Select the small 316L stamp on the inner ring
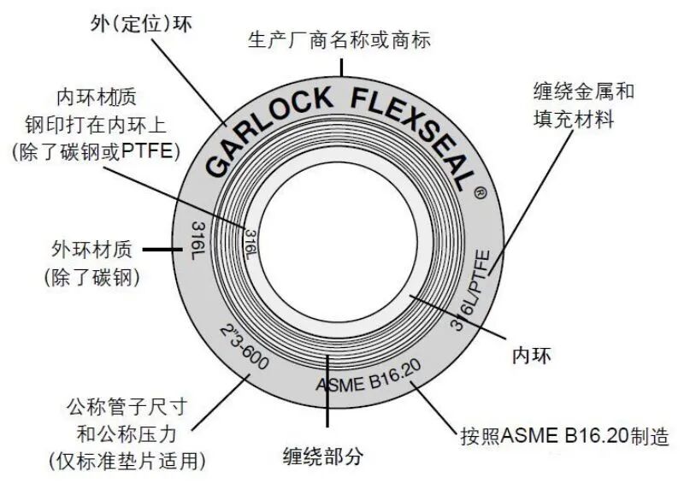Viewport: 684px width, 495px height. pos(249,243)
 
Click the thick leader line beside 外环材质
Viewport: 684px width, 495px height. pos(157,250)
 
